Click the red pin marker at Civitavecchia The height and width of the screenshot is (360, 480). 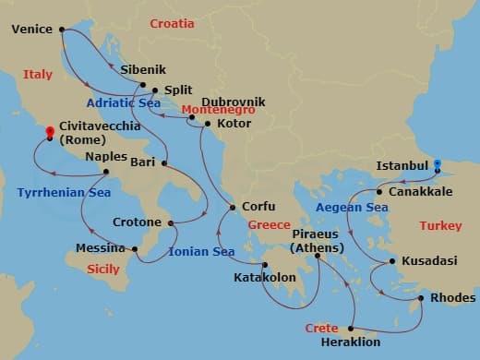[49, 133]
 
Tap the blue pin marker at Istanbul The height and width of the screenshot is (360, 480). [438, 165]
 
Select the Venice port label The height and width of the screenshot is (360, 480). [32, 30]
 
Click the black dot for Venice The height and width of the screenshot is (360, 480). [62, 30]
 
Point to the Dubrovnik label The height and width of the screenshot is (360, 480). [234, 102]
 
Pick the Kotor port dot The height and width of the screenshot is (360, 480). [207, 123]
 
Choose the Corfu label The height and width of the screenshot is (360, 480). [258, 208]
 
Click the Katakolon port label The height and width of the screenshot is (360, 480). [263, 275]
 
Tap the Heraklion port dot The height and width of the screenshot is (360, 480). [353, 327]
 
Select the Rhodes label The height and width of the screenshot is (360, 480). [453, 297]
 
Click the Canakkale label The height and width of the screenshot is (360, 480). [421, 192]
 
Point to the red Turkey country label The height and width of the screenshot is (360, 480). [440, 225]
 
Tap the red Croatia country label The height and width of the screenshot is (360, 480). [172, 22]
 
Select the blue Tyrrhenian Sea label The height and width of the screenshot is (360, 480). [57, 192]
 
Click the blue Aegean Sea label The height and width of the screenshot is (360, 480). [352, 209]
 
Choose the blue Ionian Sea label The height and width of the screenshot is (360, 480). [201, 251]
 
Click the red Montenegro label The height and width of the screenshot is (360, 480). [215, 110]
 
